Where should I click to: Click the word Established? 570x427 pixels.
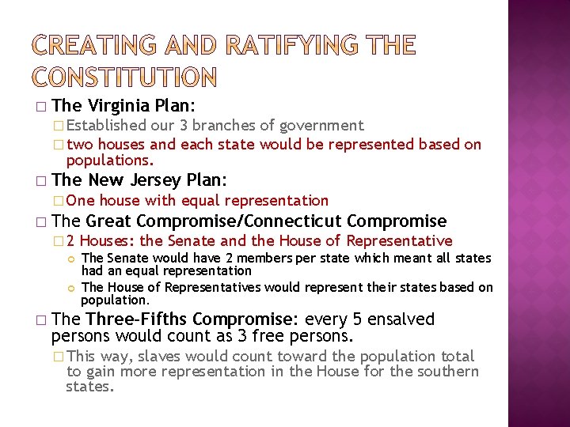coord(107,125)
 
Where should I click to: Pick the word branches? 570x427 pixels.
coord(230,125)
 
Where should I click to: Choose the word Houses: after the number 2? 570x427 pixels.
coord(108,241)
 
